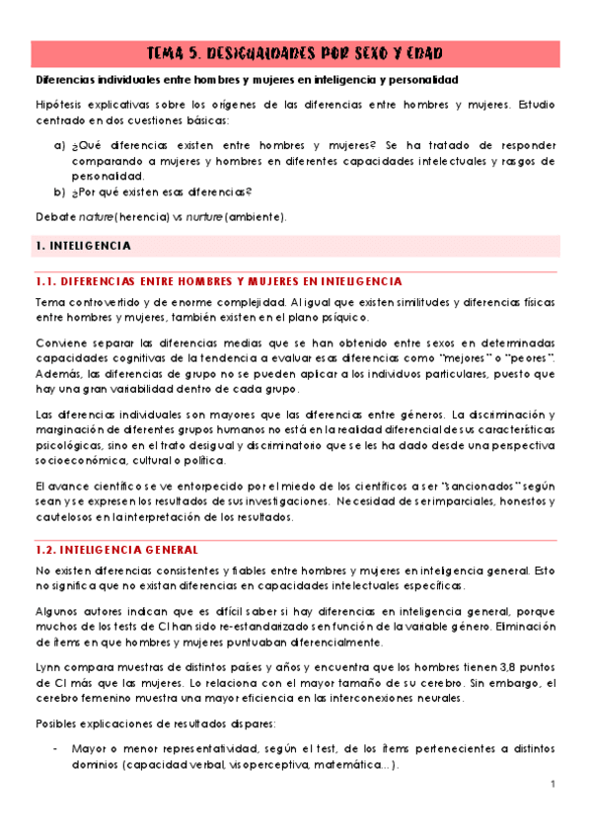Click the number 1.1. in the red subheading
(46, 281)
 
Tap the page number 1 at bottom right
(554, 784)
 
